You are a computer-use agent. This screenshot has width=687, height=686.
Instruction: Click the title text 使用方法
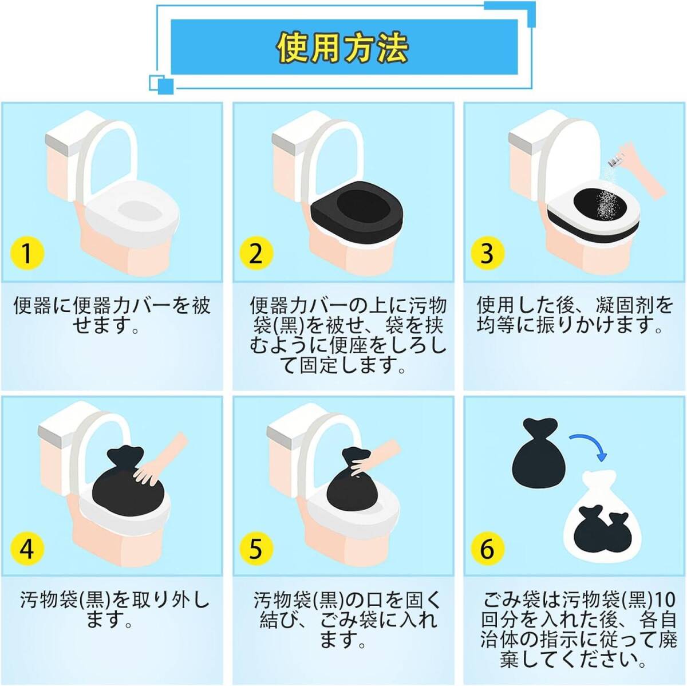coord(342,48)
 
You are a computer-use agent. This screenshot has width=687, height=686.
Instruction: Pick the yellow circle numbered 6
coord(487,548)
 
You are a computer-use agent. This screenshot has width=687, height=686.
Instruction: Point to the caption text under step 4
coord(114,610)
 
